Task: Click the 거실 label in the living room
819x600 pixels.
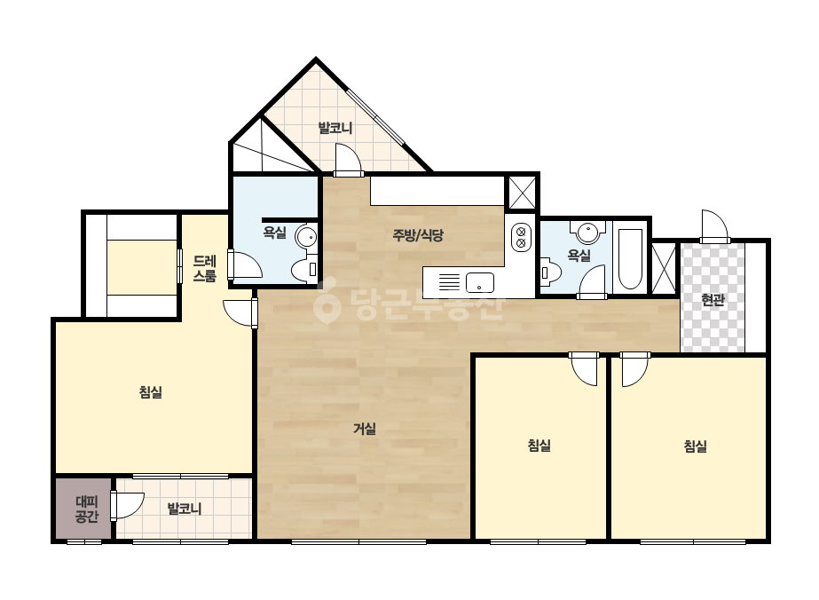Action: coord(365,429)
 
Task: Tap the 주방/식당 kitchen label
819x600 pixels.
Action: coord(418,235)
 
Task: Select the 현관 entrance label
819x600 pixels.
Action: coord(713,300)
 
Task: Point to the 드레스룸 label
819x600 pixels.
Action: coord(204,268)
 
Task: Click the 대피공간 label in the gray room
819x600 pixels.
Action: coord(87,509)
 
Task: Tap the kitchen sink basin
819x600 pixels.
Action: coord(480,283)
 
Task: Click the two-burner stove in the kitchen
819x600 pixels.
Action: coord(521,237)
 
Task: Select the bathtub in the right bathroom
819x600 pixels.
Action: coord(630,258)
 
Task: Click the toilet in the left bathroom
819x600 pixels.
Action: coord(304,270)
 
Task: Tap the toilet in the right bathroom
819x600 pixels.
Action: coord(550,272)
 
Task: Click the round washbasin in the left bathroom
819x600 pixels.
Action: coord(307,237)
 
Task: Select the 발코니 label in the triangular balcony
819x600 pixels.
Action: coord(335,128)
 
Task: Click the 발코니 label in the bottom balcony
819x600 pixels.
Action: coord(185,509)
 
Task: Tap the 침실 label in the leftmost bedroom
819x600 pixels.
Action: coord(151,392)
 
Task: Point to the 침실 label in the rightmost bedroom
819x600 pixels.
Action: coord(695,446)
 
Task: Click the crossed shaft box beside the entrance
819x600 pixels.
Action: coord(664,269)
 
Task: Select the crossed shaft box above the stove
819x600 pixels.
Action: coord(522,193)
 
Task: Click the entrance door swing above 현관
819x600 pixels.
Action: coord(714,225)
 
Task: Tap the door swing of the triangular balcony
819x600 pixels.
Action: coord(349,160)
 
